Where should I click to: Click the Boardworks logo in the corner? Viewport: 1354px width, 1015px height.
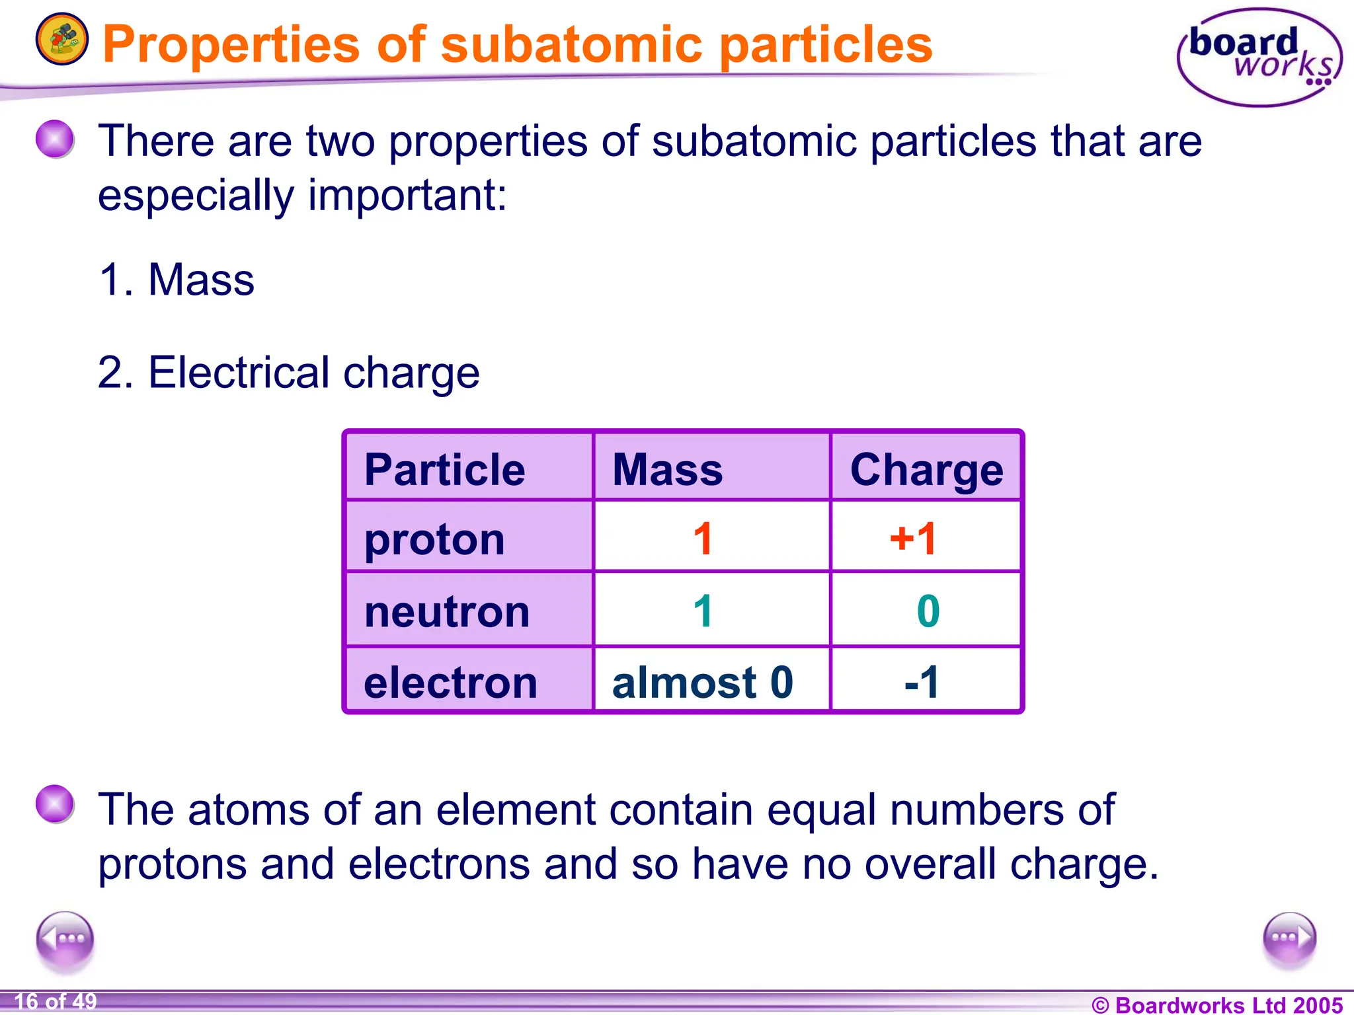pos(1259,57)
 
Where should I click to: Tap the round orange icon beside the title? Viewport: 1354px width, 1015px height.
pos(61,39)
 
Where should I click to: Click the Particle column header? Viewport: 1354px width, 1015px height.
pos(444,470)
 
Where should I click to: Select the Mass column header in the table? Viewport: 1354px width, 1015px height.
pos(667,470)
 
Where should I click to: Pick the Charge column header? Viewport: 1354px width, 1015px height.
pos(926,470)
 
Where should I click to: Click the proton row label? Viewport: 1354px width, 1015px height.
pos(434,539)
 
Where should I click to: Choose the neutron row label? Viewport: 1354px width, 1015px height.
pos(447,611)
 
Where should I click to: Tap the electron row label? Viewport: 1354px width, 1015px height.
pos(450,682)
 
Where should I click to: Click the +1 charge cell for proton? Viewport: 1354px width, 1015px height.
pos(913,539)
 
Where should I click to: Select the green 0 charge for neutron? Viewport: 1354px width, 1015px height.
pos(928,611)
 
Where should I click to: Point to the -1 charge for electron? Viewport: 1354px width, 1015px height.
pos(922,682)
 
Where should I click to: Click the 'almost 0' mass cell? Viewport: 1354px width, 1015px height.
pos(702,682)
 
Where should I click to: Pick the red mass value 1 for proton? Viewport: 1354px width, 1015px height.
pos(703,539)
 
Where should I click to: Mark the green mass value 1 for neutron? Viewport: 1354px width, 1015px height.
pos(703,611)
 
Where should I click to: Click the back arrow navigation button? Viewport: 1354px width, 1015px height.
pos(65,939)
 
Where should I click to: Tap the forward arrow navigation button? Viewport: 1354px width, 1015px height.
pos(1289,939)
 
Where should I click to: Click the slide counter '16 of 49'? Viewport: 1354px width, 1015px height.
pos(56,1001)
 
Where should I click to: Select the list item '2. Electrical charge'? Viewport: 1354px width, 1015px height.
pos(288,373)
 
